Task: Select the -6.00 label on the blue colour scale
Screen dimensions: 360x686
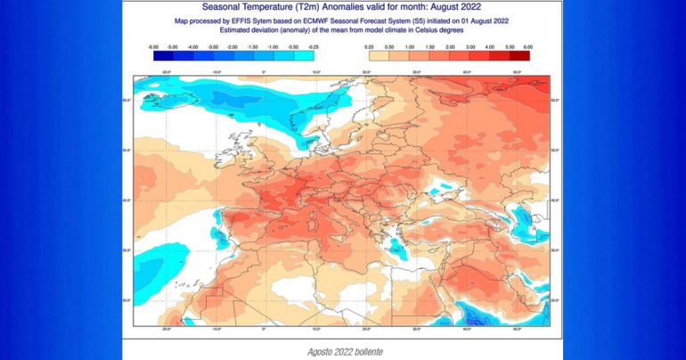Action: (x=152, y=45)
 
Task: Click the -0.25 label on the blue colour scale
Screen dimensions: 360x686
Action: (x=314, y=45)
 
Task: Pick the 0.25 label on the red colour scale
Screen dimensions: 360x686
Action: (x=371, y=45)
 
